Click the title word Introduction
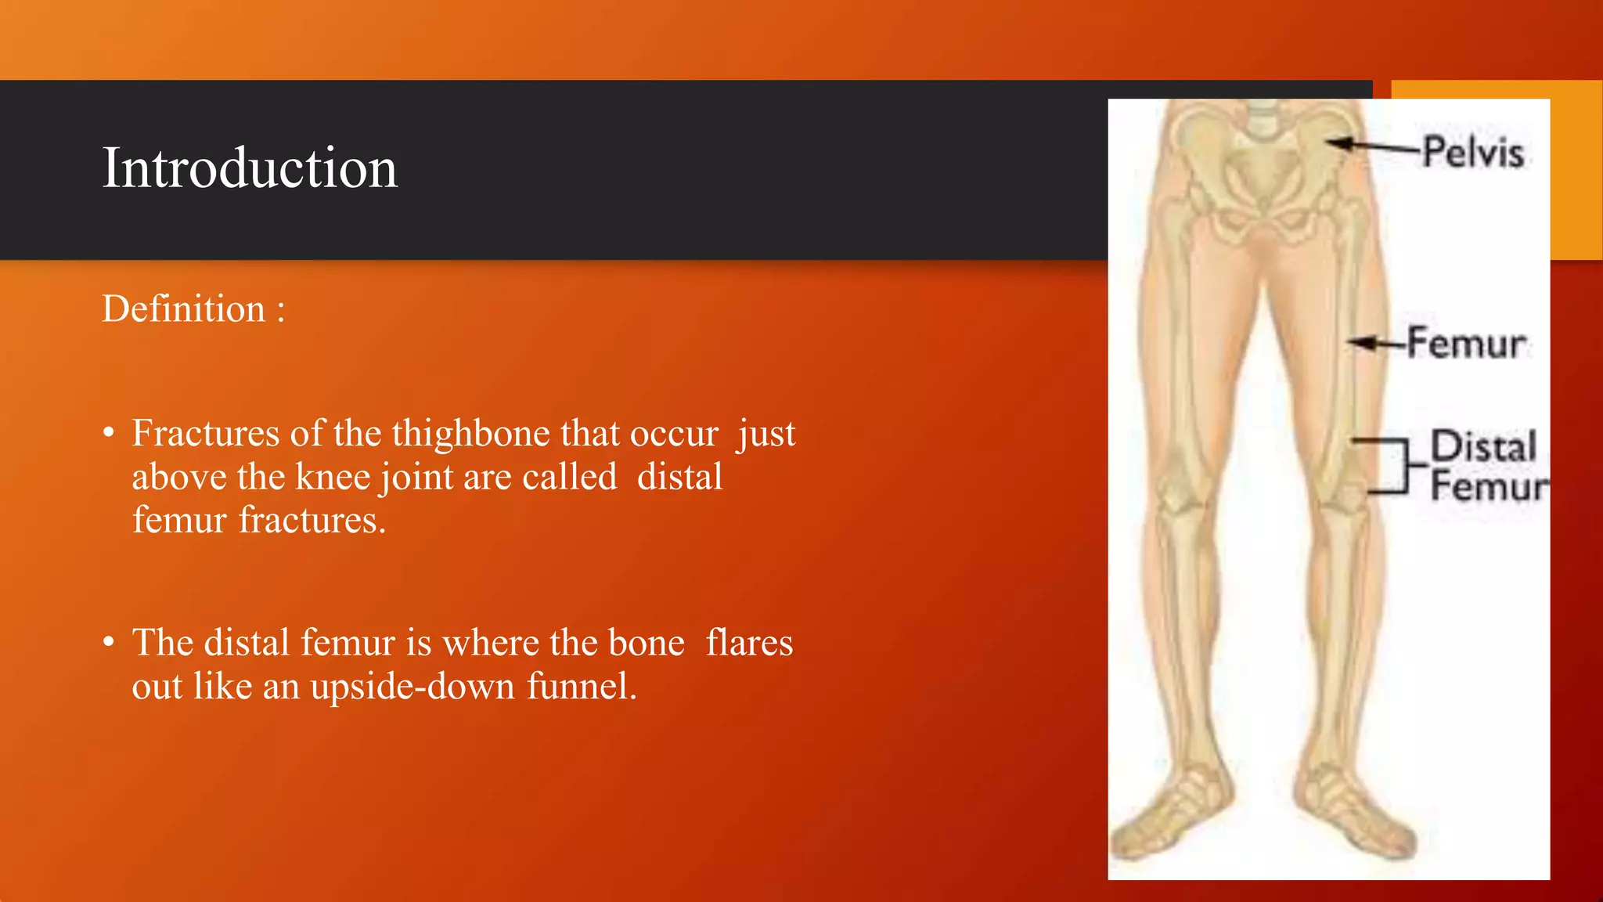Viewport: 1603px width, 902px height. click(x=250, y=168)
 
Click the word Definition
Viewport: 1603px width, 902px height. click(x=184, y=308)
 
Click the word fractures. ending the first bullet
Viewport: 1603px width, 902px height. click(x=312, y=520)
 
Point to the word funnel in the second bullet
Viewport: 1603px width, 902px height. click(x=581, y=687)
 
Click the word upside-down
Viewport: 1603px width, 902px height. click(x=412, y=687)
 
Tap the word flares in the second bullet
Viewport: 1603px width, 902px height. click(x=749, y=643)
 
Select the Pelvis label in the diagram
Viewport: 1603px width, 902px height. click(x=1473, y=152)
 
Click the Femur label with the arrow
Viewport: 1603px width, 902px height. click(x=1466, y=343)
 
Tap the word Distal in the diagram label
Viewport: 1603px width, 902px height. click(x=1483, y=446)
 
